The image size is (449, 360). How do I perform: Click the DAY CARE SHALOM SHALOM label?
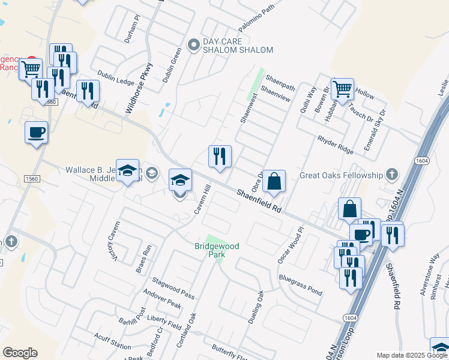click(x=238, y=46)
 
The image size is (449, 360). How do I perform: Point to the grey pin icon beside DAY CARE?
click(x=193, y=44)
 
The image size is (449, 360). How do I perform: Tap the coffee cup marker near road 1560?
click(x=36, y=132)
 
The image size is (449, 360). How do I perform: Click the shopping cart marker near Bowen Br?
click(x=342, y=89)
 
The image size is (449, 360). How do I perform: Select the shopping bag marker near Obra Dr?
click(x=274, y=181)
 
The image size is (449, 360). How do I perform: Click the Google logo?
click(x=20, y=353)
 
